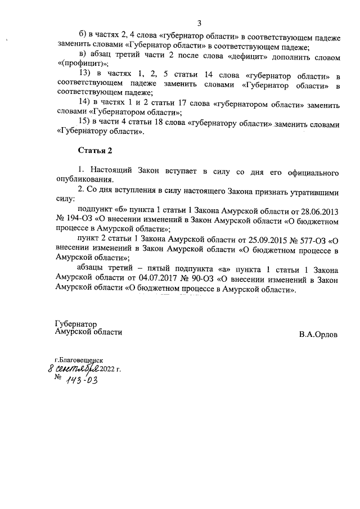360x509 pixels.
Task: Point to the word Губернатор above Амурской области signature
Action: click(x=76, y=325)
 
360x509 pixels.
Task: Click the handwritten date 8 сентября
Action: click(x=73, y=368)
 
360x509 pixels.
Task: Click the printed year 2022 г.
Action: click(x=110, y=369)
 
